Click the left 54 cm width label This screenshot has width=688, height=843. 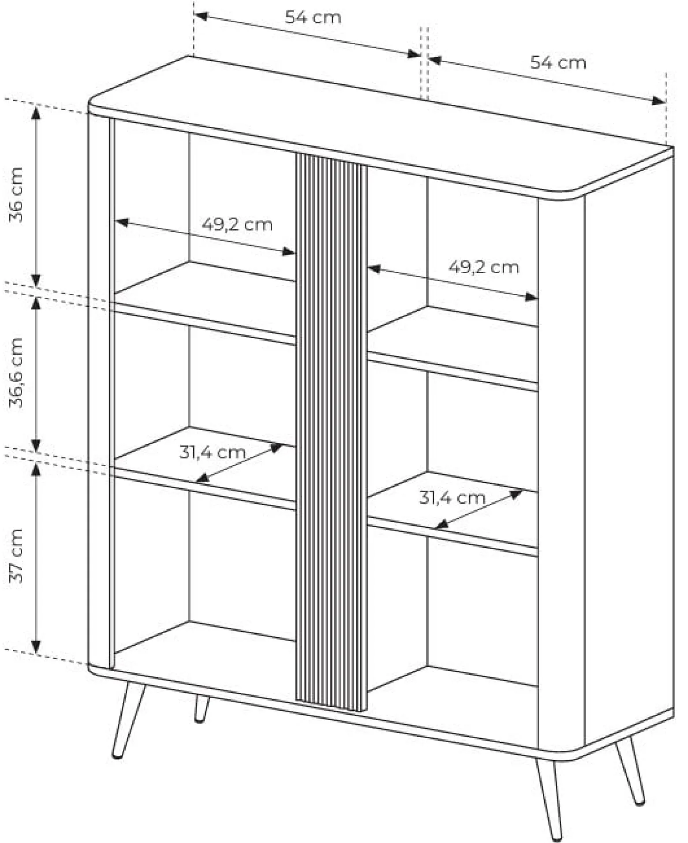click(x=313, y=18)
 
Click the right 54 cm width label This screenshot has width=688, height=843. click(x=558, y=63)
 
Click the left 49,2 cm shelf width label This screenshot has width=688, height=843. click(x=237, y=225)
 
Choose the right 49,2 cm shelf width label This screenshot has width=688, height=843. click(x=484, y=267)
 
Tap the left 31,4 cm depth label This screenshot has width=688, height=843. click(x=212, y=452)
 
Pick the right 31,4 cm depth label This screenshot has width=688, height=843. click(x=452, y=498)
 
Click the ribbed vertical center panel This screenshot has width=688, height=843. click(x=331, y=432)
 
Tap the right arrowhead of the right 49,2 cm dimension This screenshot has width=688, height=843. click(x=531, y=297)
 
